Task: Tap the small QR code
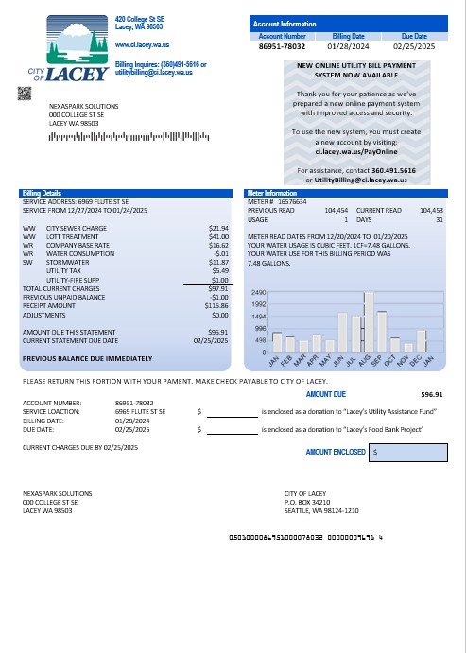26,93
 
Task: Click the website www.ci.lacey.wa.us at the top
142,44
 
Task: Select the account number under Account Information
281,44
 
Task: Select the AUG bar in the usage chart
369,321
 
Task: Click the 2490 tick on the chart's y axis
258,294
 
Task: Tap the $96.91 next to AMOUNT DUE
431,393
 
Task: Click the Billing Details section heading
42,192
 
